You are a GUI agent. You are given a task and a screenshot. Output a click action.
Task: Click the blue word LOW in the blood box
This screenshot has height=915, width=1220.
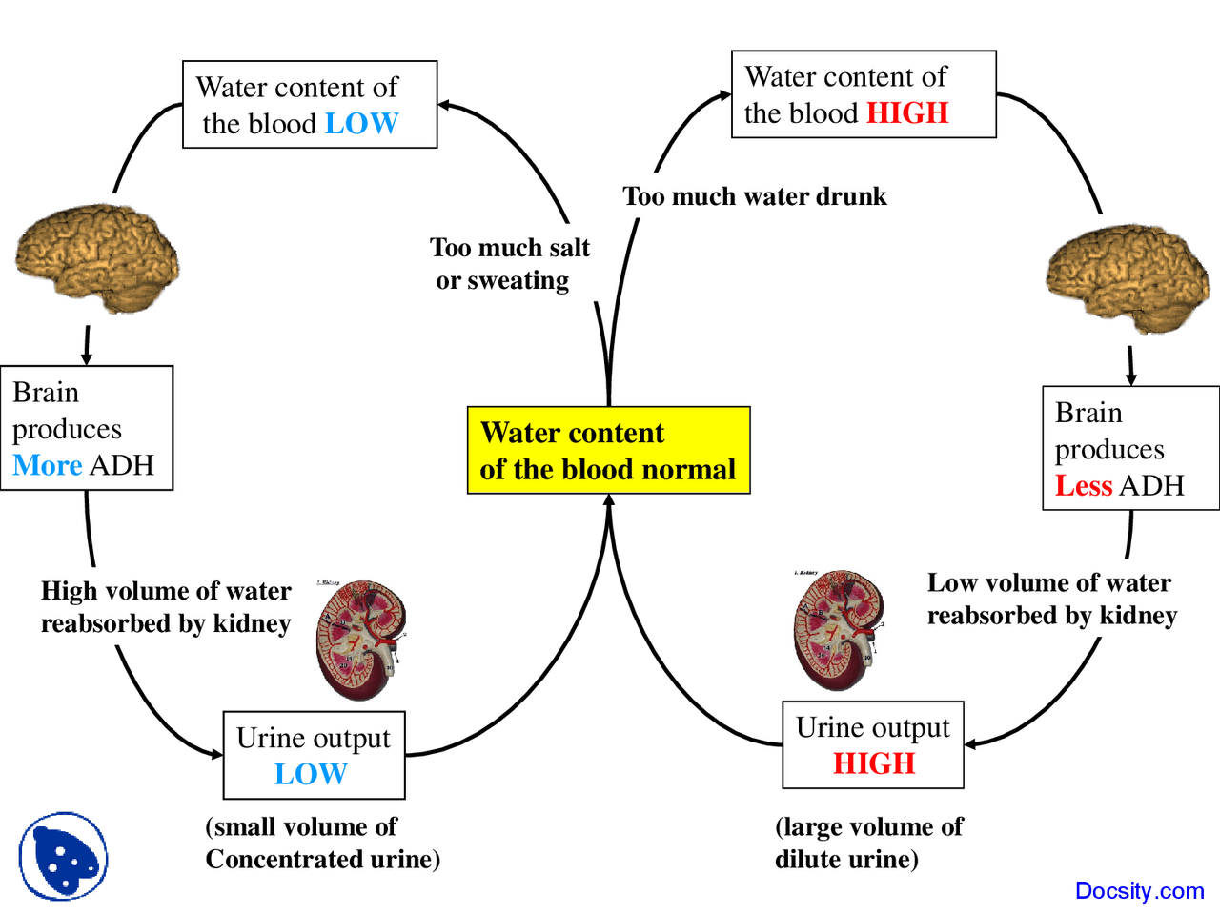tap(361, 124)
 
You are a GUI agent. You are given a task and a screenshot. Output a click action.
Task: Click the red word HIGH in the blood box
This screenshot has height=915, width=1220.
tap(907, 113)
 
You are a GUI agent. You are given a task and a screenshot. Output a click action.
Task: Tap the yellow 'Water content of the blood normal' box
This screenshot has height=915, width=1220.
tap(608, 450)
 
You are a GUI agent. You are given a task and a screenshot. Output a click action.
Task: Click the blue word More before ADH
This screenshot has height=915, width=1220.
tap(48, 465)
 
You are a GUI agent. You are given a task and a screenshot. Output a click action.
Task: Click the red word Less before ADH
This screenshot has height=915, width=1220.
tap(1084, 486)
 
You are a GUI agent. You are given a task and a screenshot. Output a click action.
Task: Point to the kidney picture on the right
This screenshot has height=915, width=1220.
tap(837, 630)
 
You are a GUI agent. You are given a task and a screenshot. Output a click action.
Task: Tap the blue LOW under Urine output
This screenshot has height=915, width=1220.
tap(311, 774)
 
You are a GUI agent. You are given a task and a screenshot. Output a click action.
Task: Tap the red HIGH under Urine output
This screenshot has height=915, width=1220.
tap(874, 763)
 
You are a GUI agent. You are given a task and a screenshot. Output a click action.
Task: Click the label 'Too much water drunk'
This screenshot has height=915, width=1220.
tap(754, 196)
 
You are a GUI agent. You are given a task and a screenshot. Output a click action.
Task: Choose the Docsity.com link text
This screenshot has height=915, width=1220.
tap(1139, 891)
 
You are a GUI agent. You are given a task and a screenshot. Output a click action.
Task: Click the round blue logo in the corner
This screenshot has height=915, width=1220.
tap(63, 856)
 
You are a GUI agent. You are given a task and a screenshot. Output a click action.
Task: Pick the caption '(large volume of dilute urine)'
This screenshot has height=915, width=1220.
tap(867, 843)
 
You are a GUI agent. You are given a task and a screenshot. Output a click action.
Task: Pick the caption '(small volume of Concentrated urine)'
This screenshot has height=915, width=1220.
tap(321, 843)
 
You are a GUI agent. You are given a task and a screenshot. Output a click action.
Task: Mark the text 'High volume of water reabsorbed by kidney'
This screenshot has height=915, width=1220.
tap(166, 607)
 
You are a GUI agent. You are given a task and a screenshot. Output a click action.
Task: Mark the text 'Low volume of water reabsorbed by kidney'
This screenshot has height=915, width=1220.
tap(1051, 599)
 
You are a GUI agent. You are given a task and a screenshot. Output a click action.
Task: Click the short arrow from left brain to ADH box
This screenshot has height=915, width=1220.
tap(87, 345)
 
